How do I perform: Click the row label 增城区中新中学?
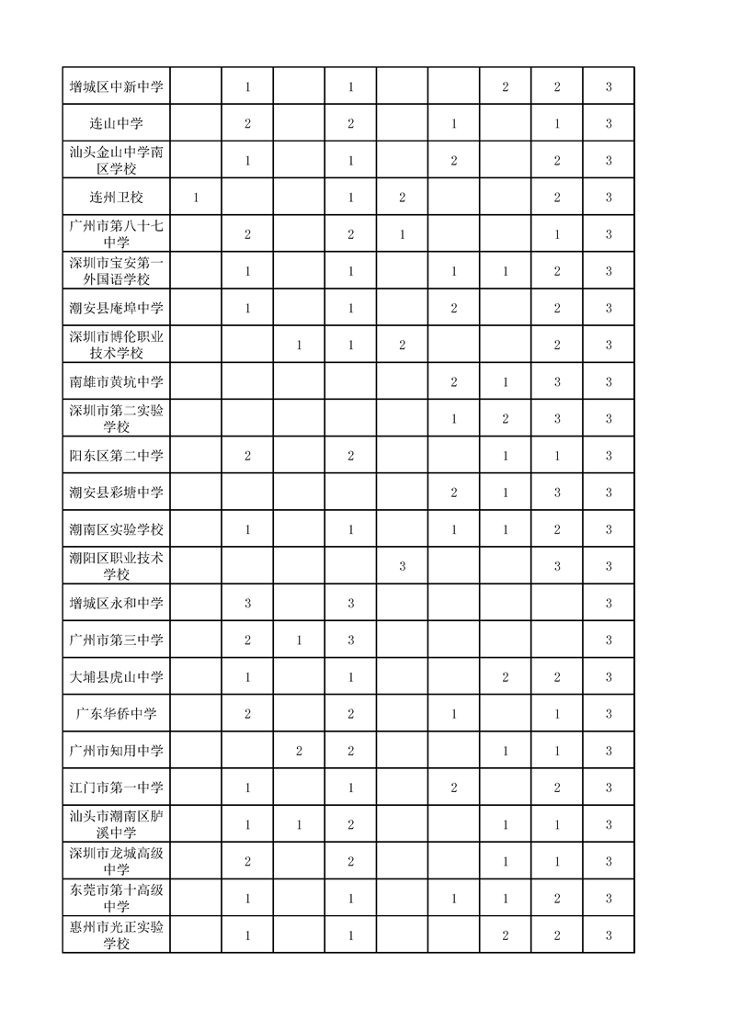(x=116, y=87)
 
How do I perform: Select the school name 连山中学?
(x=116, y=124)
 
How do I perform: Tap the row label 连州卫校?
(x=116, y=198)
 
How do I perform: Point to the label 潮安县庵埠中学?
(x=116, y=309)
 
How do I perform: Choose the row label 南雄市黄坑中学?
(x=116, y=382)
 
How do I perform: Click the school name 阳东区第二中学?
(x=116, y=456)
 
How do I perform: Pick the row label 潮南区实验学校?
(x=116, y=529)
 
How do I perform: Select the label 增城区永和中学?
(x=116, y=604)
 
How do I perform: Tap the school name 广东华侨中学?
(x=116, y=714)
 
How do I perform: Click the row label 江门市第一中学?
(x=116, y=787)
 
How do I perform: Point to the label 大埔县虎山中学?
(x=116, y=677)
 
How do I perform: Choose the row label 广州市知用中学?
(x=116, y=751)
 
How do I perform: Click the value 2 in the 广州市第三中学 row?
(x=247, y=640)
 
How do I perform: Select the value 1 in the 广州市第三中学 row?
(x=299, y=640)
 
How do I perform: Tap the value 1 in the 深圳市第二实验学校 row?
(x=454, y=419)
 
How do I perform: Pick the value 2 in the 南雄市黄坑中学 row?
(x=454, y=382)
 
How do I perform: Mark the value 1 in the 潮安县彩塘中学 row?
(x=506, y=493)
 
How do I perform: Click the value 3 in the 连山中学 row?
(x=609, y=124)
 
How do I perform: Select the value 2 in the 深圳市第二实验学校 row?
(x=506, y=419)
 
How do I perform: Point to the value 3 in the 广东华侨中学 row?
(x=609, y=714)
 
